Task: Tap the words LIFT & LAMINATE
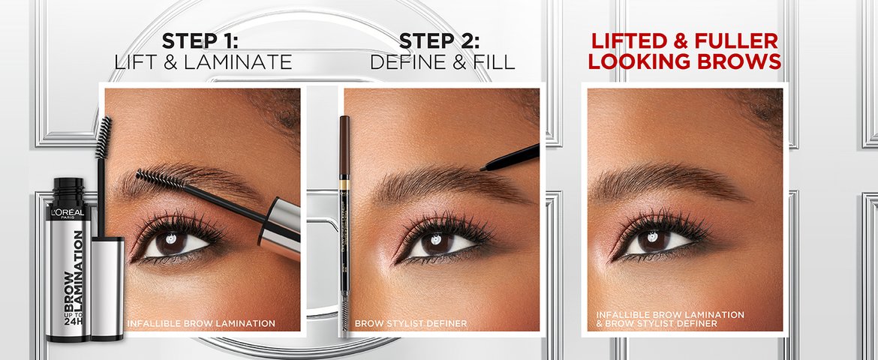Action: pos(203,61)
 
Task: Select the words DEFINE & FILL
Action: pos(442,61)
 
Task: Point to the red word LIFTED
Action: pos(633,40)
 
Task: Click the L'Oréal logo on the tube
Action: pos(68,213)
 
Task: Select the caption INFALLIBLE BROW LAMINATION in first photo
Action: pos(201,323)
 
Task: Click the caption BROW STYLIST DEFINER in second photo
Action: pos(410,323)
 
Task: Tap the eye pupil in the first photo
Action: pos(172,242)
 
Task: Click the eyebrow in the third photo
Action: pos(660,178)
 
